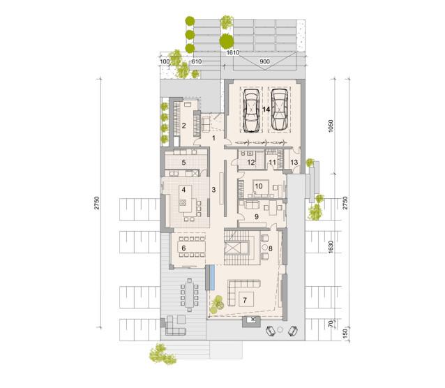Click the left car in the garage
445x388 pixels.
click(x=252, y=110)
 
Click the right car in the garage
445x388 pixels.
click(x=279, y=110)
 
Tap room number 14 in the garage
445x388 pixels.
click(x=266, y=110)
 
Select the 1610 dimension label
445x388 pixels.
click(x=233, y=52)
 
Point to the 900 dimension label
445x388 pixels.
click(x=265, y=61)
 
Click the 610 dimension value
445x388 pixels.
click(x=197, y=61)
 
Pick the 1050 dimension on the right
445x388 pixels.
click(x=331, y=126)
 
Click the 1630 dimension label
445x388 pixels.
click(x=331, y=247)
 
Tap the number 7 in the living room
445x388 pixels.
click(x=245, y=299)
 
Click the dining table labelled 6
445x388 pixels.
click(x=191, y=248)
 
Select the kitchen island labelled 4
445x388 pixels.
click(x=185, y=199)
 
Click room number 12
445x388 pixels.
click(x=251, y=163)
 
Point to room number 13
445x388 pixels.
click(x=294, y=163)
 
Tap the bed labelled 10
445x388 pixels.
click(x=261, y=187)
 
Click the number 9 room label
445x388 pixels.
click(x=257, y=217)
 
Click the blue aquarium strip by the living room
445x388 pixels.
click(x=211, y=278)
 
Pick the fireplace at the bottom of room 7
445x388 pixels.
click(x=252, y=322)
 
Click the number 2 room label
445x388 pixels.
click(x=184, y=125)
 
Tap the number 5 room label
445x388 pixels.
click(x=183, y=163)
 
